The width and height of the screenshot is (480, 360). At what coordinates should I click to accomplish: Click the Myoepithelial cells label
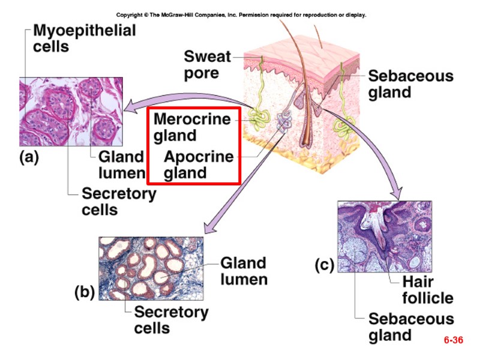(x=84, y=38)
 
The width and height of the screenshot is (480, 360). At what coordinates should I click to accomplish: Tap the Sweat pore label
(x=207, y=65)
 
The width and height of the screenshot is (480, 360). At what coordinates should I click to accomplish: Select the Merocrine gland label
(x=191, y=127)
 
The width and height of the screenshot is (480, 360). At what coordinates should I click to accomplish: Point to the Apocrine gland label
(x=199, y=165)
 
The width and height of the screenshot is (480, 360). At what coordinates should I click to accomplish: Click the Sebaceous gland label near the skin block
(x=410, y=84)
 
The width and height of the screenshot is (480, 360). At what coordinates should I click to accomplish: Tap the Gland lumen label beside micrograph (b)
(x=243, y=271)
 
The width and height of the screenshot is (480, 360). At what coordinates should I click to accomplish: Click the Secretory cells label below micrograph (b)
(x=170, y=320)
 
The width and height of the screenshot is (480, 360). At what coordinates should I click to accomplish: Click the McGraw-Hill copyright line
(x=241, y=14)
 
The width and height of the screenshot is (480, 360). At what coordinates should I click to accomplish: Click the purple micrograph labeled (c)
(x=384, y=237)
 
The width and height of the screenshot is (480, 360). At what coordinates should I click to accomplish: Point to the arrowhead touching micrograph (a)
(x=128, y=112)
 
